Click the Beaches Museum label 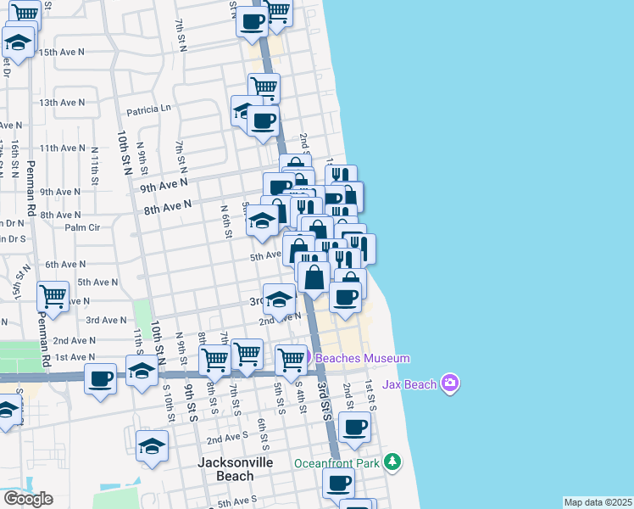pos(363,359)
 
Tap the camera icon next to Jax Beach pos(450,383)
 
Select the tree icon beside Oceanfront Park pos(392,462)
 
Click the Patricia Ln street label pos(148,109)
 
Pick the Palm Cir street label pos(82,227)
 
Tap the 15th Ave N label pos(62,52)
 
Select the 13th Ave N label pos(62,103)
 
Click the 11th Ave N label pos(62,148)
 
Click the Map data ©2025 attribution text pos(598,502)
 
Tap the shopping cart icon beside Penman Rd pos(53,297)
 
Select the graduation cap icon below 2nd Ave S pos(152,446)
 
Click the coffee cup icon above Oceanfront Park pos(355,427)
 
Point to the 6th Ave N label pos(65,265)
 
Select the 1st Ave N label pos(75,358)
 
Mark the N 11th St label pos(96,163)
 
